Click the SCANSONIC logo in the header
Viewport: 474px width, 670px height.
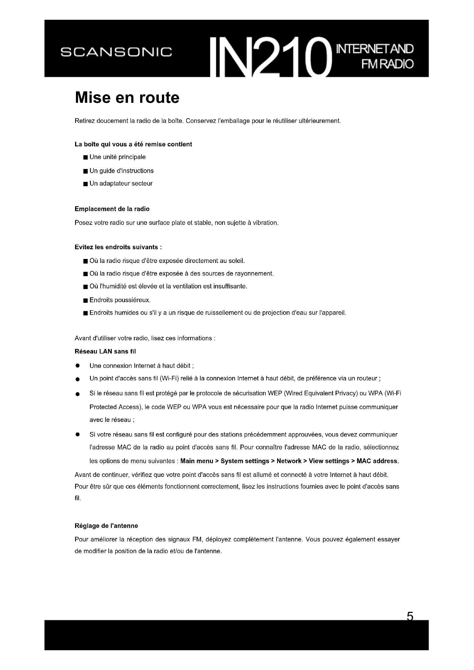point(116,52)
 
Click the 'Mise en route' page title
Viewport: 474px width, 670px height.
point(127,97)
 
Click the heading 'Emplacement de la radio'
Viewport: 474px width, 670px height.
point(112,209)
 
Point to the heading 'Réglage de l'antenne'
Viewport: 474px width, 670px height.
point(106,526)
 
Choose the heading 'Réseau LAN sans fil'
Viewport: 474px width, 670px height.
point(105,351)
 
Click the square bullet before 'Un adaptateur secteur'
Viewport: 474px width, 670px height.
point(85,184)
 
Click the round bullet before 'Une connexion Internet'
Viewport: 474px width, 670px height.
point(77,366)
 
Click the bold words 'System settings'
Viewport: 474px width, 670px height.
point(244,461)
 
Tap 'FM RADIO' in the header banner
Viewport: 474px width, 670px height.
point(387,64)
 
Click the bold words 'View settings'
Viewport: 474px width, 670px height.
point(329,461)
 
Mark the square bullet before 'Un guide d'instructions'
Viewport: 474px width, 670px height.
point(85,171)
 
